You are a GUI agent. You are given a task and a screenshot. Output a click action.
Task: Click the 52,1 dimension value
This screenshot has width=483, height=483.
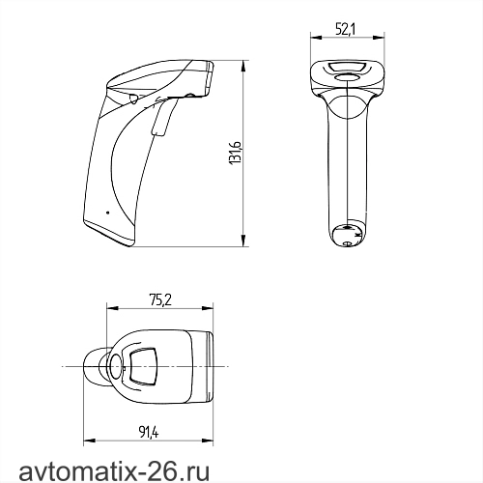pos(345,30)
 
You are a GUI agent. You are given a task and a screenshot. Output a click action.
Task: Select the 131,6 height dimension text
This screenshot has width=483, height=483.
pos(236,153)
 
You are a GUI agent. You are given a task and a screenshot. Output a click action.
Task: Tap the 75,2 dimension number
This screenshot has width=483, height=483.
pos(160,300)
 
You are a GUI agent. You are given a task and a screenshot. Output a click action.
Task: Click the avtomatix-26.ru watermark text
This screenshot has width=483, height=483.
pos(114,471)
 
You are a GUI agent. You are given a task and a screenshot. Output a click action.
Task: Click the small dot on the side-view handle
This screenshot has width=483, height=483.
pos(107,213)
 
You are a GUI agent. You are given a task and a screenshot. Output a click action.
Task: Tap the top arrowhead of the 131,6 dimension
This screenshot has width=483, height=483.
pos(243,66)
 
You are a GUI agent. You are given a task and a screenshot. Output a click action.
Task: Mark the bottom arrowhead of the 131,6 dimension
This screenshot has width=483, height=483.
pos(243,241)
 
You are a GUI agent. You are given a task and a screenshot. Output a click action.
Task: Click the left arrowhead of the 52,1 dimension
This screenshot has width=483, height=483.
pos(316,38)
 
